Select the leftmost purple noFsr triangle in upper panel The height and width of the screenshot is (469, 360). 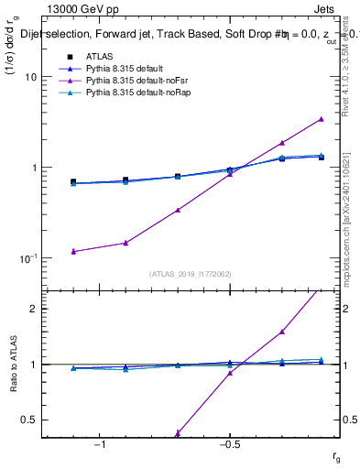[73, 251]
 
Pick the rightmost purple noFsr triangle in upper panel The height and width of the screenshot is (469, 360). [321, 119]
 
